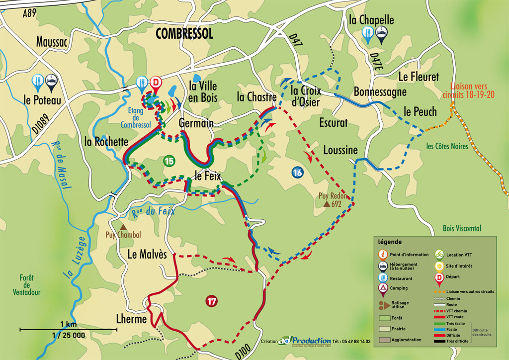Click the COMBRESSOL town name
tap(184, 33)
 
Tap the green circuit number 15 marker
tap(169, 161)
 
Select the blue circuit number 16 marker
tap(297, 173)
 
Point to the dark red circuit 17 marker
tap(212, 301)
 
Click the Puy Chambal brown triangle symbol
tap(121, 227)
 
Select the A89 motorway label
tap(29, 14)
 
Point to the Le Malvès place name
tap(147, 254)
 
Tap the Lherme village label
tap(131, 319)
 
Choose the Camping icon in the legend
tap(383, 288)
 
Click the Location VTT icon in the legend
tap(439, 254)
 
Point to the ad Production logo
tap(305, 341)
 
